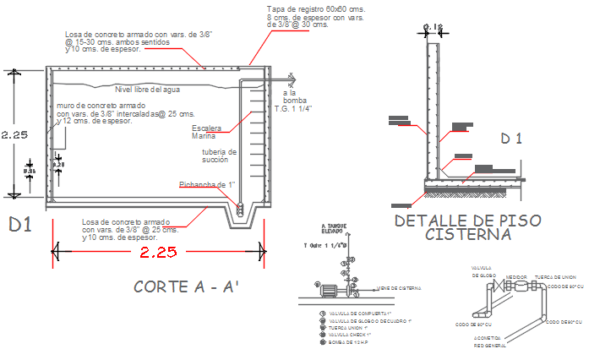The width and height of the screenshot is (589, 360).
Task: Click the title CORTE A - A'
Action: pos(187,287)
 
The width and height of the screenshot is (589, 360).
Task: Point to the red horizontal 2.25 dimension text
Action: pos(158,253)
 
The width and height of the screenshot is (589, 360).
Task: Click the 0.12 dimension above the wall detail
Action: pos(433,27)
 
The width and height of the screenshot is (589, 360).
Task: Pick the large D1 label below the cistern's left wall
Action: pos(21,225)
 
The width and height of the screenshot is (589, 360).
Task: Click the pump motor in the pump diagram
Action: pos(327,291)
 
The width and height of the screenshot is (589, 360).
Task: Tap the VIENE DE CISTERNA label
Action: pos(399,288)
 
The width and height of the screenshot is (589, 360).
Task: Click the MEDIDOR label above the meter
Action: pos(516,275)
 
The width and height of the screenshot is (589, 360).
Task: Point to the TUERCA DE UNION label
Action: pos(554,275)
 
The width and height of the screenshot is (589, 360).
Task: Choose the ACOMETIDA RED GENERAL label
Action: pos(489,341)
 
